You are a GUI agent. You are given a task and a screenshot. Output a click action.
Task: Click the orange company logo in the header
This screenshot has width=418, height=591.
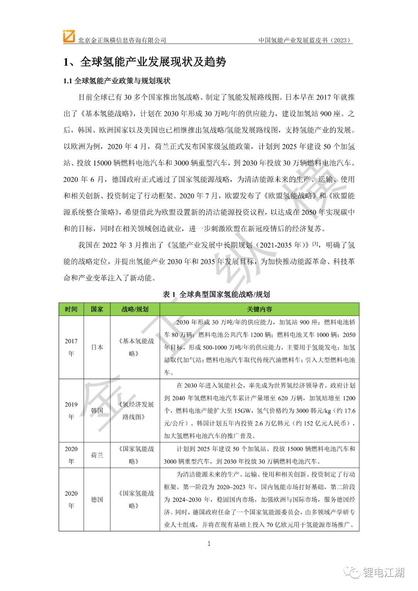(x=69, y=36)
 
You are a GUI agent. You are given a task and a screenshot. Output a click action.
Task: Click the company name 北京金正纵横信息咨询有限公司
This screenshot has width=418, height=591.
(x=122, y=40)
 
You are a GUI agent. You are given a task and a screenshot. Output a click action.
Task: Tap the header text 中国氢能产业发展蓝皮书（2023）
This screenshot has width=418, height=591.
(x=305, y=40)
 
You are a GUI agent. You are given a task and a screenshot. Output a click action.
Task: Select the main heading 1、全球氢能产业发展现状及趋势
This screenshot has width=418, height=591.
(x=145, y=62)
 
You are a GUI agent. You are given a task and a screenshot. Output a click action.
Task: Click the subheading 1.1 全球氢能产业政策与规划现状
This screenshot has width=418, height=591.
(x=117, y=81)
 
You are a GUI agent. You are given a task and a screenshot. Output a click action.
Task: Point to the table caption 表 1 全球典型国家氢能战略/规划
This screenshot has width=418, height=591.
(x=216, y=295)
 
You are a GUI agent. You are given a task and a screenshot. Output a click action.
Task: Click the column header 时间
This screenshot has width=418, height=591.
(x=71, y=309)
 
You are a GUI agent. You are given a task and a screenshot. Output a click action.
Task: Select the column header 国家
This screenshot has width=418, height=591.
(x=97, y=309)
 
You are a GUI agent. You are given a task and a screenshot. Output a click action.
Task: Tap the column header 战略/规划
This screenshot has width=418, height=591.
(x=135, y=309)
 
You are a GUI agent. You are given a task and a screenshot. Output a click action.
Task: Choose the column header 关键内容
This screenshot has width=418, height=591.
(x=259, y=309)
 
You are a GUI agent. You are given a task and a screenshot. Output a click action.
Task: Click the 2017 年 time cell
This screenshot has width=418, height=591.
(x=71, y=347)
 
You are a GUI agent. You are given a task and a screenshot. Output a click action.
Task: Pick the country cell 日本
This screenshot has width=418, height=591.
(x=97, y=347)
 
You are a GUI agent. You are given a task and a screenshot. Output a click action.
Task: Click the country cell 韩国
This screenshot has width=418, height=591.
(x=97, y=411)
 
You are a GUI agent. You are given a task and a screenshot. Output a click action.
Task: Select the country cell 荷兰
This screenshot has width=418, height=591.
(x=97, y=455)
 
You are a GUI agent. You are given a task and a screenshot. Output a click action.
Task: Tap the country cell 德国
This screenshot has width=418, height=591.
(x=97, y=500)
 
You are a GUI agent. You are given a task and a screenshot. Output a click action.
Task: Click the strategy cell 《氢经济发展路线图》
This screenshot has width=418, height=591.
(x=135, y=411)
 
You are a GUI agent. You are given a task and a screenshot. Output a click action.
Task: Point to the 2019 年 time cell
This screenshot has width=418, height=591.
(x=71, y=411)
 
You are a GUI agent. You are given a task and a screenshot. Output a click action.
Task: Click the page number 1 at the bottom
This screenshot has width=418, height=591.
(x=209, y=544)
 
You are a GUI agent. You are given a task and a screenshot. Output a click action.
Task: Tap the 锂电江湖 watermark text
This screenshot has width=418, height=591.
(x=383, y=572)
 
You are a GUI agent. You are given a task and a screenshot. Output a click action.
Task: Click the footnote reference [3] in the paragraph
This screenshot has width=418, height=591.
(x=316, y=244)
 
